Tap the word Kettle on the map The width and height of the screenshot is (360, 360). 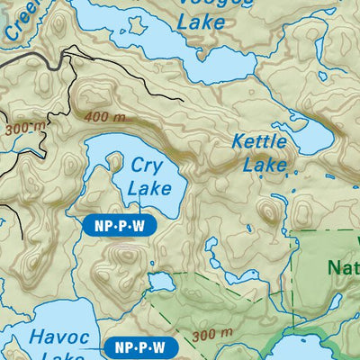coord(259,142)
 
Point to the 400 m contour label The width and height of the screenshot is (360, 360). coord(104,117)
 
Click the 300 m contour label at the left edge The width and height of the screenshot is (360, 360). coord(22,129)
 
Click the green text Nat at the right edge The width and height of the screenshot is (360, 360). coord(343,267)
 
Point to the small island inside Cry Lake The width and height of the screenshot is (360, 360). coord(114,161)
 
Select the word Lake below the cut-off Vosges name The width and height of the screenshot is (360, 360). coord(200,23)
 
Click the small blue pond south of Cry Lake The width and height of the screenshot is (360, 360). coord(160,283)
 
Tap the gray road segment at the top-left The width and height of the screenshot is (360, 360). coord(36,58)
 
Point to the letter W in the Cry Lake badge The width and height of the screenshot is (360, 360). coord(136,226)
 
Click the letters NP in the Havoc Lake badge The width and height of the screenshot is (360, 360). coord(118,346)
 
